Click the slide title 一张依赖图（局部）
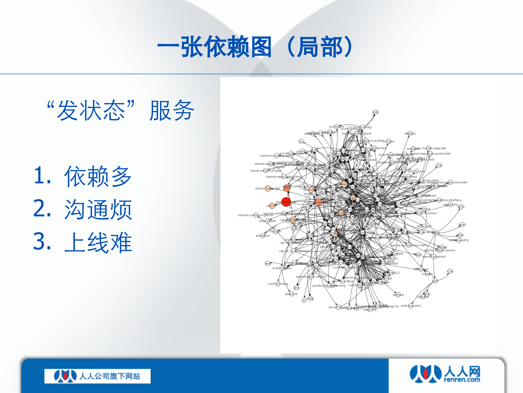pos(256,47)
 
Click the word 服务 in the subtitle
pos(172,111)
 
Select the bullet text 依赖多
pos(98,177)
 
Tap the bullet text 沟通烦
pos(98,210)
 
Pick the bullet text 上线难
pos(98,242)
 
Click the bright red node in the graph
pos(286,202)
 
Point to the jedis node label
pos(375,112)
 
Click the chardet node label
pos(410,133)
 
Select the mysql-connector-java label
pos(265,171)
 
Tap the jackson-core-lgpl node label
pos(267,188)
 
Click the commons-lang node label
pos(277,284)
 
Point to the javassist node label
pos(291,294)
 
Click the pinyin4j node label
pos(398,295)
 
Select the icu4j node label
pos(450,271)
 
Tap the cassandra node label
pos(450,204)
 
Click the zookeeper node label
pos(336,127)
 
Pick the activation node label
pos(263,236)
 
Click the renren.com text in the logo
pos(462,380)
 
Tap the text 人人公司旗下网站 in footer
pos(110,376)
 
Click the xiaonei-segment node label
pos(434,257)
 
